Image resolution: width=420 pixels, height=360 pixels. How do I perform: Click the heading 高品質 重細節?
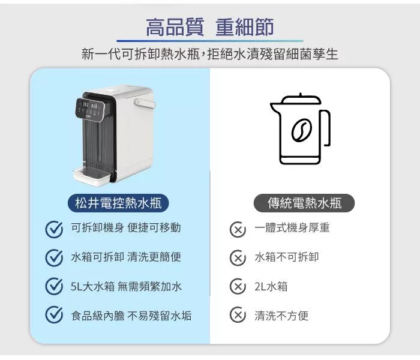click(x=210, y=27)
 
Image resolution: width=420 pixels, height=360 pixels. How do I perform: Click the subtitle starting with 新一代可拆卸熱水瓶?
click(x=210, y=54)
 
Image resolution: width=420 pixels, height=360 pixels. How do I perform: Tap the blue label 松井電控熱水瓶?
click(x=118, y=203)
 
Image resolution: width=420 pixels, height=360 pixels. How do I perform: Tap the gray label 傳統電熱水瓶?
click(x=304, y=203)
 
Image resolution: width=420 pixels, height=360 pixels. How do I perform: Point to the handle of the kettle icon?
click(x=326, y=128)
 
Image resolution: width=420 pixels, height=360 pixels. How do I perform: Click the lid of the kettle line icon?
click(x=301, y=100)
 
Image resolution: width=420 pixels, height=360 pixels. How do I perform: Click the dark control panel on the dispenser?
click(x=92, y=109)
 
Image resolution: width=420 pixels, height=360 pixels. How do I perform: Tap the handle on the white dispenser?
click(x=145, y=103)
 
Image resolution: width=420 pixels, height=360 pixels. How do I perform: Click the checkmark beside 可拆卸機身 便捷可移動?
click(x=54, y=230)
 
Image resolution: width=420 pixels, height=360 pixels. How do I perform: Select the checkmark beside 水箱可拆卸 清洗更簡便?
click(x=54, y=257)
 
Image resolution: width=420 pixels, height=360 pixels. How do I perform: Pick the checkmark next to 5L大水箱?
click(x=54, y=286)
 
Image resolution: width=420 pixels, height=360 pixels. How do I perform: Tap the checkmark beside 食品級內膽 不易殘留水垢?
click(x=54, y=314)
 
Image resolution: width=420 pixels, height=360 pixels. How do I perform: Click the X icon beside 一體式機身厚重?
click(x=238, y=230)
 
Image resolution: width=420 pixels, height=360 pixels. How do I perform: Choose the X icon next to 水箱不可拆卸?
click(x=238, y=257)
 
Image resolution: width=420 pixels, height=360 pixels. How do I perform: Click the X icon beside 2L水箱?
click(x=238, y=286)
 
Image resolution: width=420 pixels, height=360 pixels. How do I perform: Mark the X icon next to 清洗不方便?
click(x=238, y=314)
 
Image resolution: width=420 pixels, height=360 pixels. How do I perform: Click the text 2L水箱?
click(x=271, y=286)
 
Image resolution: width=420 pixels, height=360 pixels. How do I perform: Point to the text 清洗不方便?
click(x=281, y=316)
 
